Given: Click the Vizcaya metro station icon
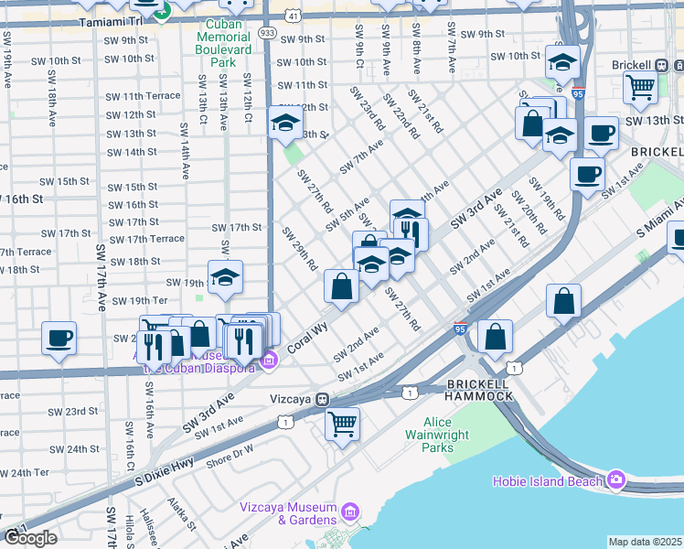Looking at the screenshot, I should (x=322, y=400).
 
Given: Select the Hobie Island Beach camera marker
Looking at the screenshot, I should (x=615, y=480).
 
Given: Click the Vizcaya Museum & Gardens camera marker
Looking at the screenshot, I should (x=349, y=509).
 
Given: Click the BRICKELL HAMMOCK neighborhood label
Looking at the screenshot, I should (x=476, y=389).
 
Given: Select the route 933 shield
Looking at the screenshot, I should (x=267, y=31).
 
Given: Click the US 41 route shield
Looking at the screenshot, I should (x=291, y=16).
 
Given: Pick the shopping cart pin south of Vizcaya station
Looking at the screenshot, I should (x=342, y=423).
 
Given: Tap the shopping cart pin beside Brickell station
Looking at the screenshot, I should (x=640, y=87).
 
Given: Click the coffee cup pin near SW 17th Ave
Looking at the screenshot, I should (x=59, y=338).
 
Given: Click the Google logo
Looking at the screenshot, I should (x=29, y=538).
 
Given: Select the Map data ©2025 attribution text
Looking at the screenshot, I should (x=645, y=542).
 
